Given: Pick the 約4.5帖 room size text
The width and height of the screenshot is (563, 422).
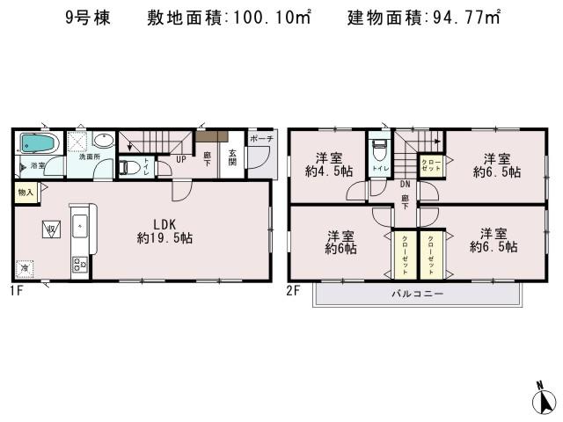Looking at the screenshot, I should (329, 171).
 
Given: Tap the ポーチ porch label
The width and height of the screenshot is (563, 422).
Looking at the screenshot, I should (261, 140).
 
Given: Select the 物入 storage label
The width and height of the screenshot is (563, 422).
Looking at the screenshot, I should (25, 192).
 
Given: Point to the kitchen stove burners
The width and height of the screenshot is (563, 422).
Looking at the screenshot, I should (79, 263).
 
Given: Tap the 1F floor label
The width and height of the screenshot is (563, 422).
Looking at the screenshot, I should (16, 290).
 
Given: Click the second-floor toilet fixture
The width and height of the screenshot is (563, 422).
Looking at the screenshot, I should (379, 149).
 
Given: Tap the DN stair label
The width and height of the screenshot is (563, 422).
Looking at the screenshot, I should (406, 185).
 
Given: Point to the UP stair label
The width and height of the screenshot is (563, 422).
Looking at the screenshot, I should (179, 159).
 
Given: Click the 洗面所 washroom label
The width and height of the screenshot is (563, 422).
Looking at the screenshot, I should (90, 156).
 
